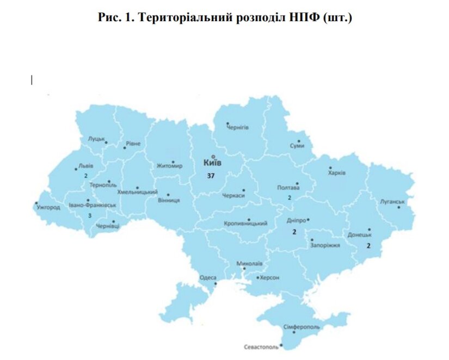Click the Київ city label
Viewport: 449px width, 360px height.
[x=212, y=163]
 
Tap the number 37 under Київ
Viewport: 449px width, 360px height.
[x=211, y=176]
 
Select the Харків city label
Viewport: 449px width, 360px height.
[x=337, y=173]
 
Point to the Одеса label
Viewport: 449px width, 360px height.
[x=208, y=277]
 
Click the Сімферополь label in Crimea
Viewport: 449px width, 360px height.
[x=302, y=327]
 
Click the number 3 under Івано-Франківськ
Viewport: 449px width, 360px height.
[x=89, y=215]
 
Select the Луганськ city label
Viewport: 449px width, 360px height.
[x=393, y=202]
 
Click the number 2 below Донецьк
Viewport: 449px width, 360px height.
[x=368, y=246]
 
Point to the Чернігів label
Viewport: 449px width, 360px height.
[x=237, y=127]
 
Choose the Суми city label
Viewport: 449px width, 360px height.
[x=297, y=146]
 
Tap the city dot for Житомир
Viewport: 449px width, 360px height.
[x=173, y=162]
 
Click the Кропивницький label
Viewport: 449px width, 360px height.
[x=245, y=224]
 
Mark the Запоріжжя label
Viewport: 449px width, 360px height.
[x=325, y=245]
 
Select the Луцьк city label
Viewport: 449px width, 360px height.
[x=96, y=139]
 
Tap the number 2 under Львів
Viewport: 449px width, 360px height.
[x=85, y=176]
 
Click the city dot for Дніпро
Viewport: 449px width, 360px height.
[x=308, y=220]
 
